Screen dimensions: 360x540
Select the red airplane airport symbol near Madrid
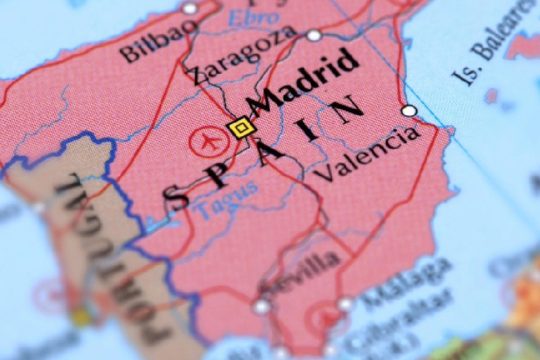pos(206,141)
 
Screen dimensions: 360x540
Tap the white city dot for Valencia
pos(409,111)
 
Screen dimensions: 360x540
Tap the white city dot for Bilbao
pos(190,8)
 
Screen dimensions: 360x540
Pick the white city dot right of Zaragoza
pos(314,35)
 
